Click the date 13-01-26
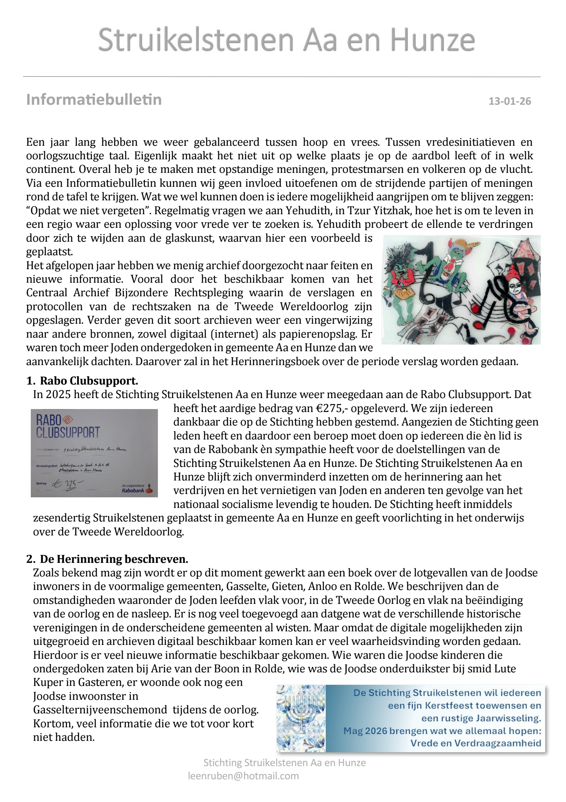tap(510, 101)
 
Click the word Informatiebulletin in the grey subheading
tap(94, 100)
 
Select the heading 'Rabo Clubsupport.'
tap(89, 381)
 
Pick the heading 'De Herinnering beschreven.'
tap(114, 559)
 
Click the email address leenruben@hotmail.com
tap(243, 776)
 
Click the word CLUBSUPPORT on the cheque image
tap(68, 432)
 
